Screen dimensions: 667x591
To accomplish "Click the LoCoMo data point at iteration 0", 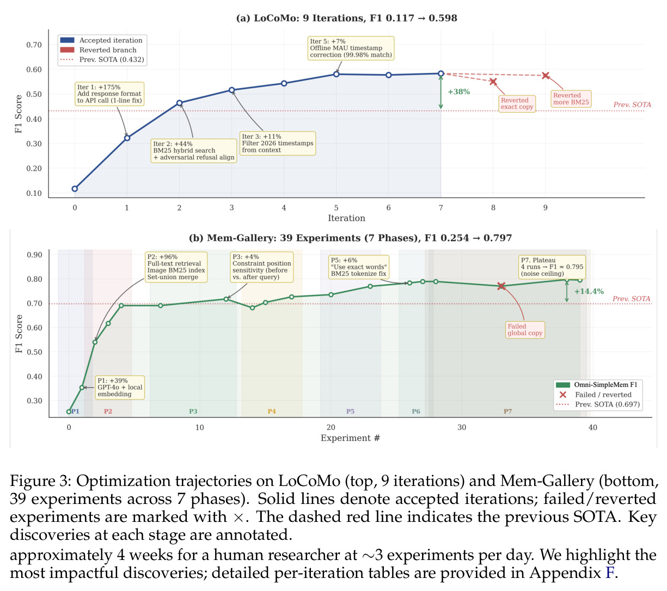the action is point(75,188).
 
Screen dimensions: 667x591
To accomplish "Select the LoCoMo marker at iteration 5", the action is point(336,74).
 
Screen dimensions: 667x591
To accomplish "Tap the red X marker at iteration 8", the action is point(493,82).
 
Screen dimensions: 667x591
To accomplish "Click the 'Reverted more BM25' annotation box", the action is point(571,98).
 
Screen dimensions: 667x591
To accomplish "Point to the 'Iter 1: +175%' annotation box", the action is point(109,94).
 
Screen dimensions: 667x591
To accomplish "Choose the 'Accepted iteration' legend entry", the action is point(101,40).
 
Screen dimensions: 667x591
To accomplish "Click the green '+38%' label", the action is point(458,91).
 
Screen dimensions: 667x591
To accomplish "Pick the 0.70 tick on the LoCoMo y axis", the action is point(34,45).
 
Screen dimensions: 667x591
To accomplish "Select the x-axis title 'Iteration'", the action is point(346,218).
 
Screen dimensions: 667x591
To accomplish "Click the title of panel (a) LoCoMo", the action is point(346,18).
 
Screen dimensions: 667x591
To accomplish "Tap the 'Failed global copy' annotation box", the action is point(525,330).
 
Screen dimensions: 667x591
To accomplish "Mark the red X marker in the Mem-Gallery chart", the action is point(501,286).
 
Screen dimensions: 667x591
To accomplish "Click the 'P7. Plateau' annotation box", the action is point(552,267).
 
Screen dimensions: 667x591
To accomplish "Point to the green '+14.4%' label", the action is point(589,291).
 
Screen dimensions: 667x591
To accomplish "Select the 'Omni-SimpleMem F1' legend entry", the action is point(596,385).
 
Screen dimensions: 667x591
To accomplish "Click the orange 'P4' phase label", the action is point(272,411).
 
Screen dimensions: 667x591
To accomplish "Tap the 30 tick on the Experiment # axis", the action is point(462,427).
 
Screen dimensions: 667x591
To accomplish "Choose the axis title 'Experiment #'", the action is point(350,438).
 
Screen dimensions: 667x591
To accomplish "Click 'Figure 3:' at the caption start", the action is point(40,482).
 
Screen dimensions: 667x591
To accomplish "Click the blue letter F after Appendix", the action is point(610,573).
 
